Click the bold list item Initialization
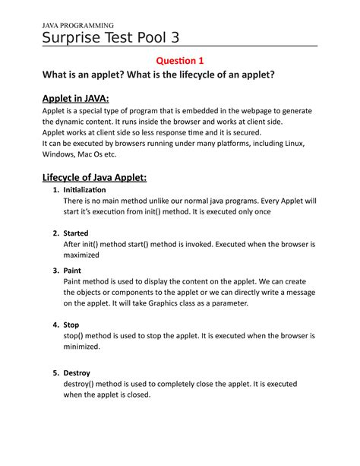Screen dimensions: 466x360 coord(90,190)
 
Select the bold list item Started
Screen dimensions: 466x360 coord(77,233)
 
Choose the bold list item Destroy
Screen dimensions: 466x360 coord(77,373)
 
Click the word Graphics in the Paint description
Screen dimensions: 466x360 coord(192,303)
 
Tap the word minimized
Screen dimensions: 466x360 coord(81,346)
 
